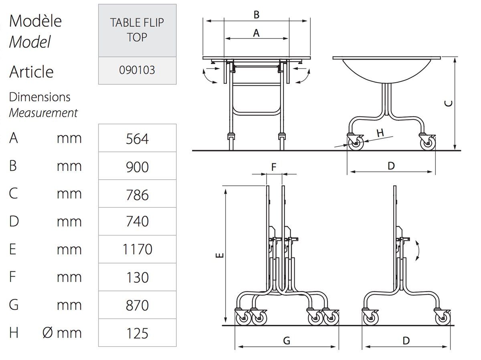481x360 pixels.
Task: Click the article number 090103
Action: click(x=137, y=70)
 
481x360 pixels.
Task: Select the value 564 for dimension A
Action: click(x=137, y=139)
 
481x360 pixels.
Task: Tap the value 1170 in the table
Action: click(x=137, y=249)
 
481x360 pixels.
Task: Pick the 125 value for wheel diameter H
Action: click(x=137, y=334)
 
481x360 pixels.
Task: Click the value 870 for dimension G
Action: click(x=137, y=305)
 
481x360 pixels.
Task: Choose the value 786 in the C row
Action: click(x=137, y=195)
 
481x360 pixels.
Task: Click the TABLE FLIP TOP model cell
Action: click(x=137, y=30)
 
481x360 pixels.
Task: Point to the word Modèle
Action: click(x=35, y=21)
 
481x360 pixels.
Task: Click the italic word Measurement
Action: click(x=43, y=113)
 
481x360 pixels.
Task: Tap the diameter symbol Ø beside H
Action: click(x=48, y=333)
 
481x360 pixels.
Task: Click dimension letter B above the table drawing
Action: click(x=257, y=15)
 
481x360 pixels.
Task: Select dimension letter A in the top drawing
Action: click(x=256, y=33)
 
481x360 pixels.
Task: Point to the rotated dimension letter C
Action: click(x=449, y=103)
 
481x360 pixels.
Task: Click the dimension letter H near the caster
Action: click(x=380, y=133)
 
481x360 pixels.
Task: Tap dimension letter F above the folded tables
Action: click(x=274, y=167)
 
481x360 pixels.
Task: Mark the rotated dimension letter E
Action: click(x=220, y=255)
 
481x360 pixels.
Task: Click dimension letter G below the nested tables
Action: click(x=287, y=341)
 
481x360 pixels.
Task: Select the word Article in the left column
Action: click(x=31, y=72)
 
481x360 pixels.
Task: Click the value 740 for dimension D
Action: click(x=137, y=221)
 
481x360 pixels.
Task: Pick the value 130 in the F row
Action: click(x=137, y=277)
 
